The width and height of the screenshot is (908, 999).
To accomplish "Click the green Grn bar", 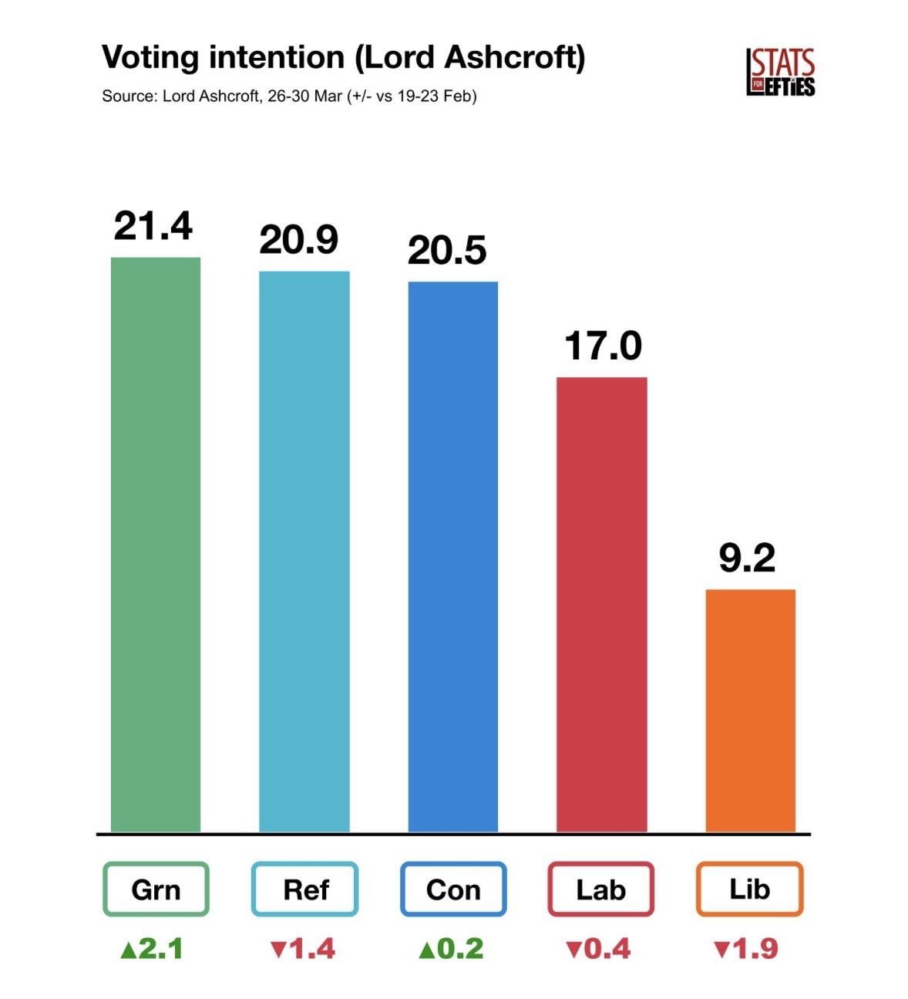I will tap(156, 544).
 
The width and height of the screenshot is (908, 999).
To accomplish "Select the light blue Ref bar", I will tap(304, 551).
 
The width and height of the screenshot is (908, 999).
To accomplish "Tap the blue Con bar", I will tap(452, 556).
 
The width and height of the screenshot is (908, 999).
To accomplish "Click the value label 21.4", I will tap(153, 226).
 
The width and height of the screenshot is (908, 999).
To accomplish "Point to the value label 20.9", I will tap(298, 240).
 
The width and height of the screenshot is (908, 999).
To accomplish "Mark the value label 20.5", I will tap(447, 251).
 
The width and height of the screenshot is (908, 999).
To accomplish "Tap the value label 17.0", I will tap(603, 346).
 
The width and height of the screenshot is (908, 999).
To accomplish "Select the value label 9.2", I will tap(747, 558).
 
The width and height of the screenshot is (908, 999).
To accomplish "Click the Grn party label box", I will tap(156, 889).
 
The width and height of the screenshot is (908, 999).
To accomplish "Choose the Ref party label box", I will tap(305, 889).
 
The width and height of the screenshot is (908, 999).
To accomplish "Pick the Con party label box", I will tap(453, 889).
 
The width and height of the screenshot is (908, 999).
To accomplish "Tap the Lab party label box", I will tap(601, 889).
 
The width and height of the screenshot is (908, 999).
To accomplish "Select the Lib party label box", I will tap(750, 889).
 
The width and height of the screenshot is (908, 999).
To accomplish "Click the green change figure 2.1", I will tap(153, 948).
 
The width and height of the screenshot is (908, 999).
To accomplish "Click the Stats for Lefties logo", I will tap(780, 72).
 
